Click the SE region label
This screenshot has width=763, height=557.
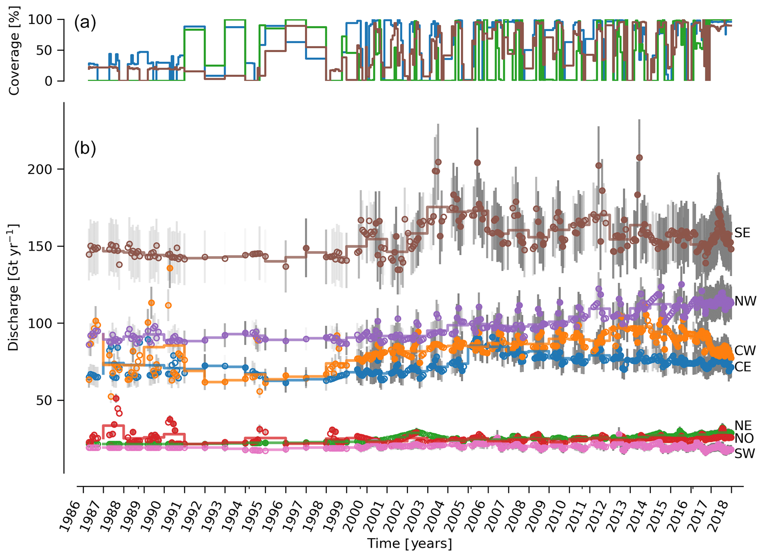coord(742,233)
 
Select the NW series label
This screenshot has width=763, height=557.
coord(745,301)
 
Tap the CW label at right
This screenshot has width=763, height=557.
coord(745,351)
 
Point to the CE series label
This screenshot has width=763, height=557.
coord(743,367)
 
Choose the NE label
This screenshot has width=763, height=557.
coord(743,425)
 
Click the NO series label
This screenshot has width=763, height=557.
coord(743,439)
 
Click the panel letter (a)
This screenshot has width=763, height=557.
coord(85,23)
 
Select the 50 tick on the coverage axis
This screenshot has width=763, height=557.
coord(45,50)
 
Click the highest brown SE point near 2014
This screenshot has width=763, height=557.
coord(639,158)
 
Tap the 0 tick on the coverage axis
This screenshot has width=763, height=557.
coord(49,81)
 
